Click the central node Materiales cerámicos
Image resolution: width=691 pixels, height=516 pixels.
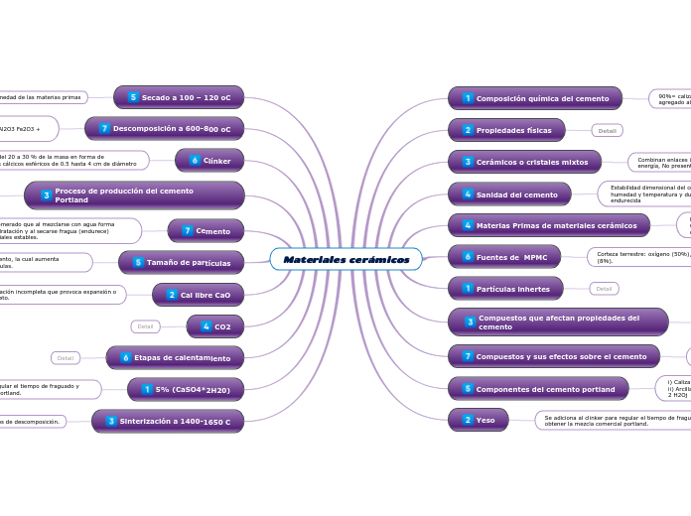(345, 259)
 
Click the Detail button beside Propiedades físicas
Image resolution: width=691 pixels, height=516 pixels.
(607, 130)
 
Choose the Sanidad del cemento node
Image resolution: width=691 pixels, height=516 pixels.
(509, 194)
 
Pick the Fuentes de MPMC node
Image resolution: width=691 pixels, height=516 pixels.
(504, 257)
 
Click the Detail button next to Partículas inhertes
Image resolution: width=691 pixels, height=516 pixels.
(604, 289)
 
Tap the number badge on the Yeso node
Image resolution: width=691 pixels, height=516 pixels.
(468, 420)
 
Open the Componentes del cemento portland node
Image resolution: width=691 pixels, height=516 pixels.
(538, 388)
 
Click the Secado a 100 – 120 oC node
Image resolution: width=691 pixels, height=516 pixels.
(179, 97)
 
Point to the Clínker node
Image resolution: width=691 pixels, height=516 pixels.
(209, 160)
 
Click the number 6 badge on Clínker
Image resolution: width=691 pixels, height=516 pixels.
(195, 160)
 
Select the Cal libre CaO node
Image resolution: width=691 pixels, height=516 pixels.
(199, 295)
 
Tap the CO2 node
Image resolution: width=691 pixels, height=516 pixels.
(215, 325)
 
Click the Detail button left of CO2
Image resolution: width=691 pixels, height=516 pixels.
(145, 325)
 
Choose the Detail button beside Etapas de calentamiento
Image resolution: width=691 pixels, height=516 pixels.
(66, 357)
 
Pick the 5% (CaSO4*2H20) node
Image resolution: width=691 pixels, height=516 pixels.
(186, 390)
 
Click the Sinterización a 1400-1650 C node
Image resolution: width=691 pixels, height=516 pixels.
(168, 422)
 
